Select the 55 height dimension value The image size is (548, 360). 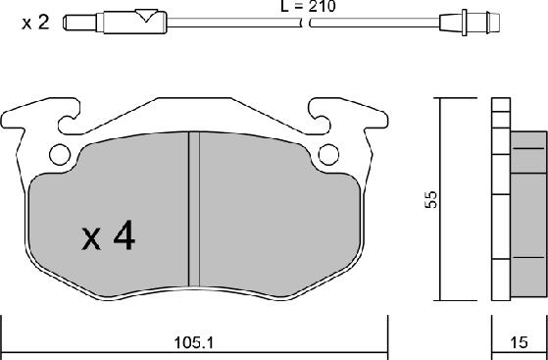click(429, 199)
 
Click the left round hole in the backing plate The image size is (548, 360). click(60, 153)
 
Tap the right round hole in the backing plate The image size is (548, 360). click(330, 153)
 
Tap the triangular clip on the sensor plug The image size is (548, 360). click(146, 15)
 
